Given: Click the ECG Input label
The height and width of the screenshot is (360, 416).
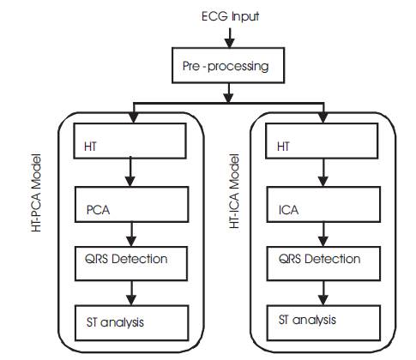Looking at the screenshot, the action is [230, 16].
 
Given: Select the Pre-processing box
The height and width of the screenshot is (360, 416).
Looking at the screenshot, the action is [228, 65].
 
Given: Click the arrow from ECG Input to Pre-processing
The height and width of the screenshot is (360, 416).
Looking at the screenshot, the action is [230, 38].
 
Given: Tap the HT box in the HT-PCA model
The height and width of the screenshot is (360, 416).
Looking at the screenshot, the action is [130, 141].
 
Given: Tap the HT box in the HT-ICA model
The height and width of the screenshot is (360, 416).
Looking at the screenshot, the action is [322, 141].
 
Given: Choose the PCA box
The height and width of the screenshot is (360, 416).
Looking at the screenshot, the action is [131, 205].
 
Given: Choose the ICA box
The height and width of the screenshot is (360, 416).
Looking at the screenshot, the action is [323, 205].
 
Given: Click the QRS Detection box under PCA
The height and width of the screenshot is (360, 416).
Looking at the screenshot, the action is [131, 264].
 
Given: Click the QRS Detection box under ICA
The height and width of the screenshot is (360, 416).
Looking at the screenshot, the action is [323, 264].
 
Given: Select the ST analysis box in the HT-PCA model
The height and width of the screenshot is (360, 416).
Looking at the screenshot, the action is [131, 323].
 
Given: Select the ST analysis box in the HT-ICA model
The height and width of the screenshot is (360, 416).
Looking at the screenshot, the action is [323, 323].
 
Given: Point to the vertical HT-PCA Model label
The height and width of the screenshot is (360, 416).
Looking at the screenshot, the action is [36, 193].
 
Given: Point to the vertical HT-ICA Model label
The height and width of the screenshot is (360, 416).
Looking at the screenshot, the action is [234, 191].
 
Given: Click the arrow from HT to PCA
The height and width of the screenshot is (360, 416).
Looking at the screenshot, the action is [130, 172].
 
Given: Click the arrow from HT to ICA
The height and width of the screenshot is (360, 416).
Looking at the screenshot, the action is [323, 173].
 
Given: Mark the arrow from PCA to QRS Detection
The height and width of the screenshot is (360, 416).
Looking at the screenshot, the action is [131, 235].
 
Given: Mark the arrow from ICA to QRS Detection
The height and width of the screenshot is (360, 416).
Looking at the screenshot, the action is [323, 235].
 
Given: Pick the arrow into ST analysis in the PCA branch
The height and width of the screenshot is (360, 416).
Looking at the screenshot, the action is [131, 293].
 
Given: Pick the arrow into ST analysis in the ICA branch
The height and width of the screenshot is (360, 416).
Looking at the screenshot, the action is [323, 293].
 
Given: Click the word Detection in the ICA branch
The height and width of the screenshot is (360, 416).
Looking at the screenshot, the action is [332, 259].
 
